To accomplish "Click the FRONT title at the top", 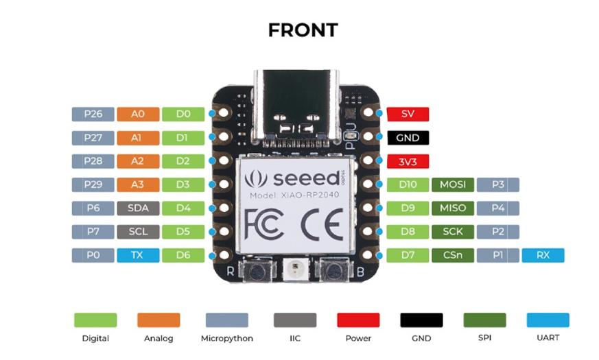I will coord(303,30).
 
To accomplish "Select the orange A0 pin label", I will coord(138,115).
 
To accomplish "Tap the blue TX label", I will coord(138,256).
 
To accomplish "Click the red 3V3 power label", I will coord(408,162).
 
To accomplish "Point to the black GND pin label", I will coord(408,138).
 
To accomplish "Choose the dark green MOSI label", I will coord(452,185).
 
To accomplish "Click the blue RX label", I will coord(543,256).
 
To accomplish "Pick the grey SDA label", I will coord(138,208).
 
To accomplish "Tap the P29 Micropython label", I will coord(93,185).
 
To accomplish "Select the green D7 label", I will coord(408,256).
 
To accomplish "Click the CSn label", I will coord(452,256).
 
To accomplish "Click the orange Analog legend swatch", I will coord(158,320).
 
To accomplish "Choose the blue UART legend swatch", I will coord(548,320).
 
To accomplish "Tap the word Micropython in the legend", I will coord(226,338).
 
